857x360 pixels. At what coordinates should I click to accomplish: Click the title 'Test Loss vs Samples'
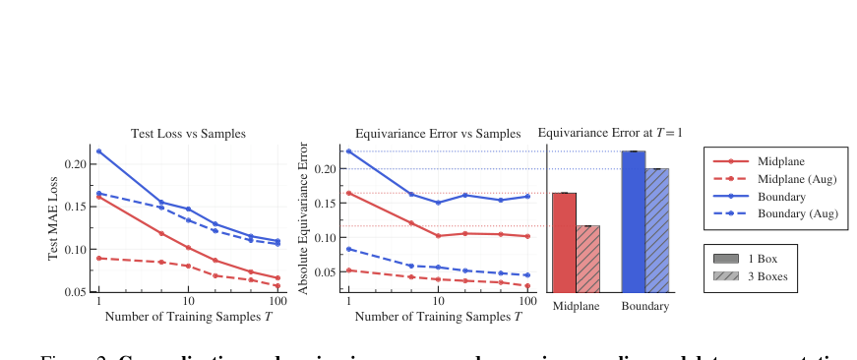[189, 133]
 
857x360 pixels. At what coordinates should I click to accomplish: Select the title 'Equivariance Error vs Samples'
[438, 133]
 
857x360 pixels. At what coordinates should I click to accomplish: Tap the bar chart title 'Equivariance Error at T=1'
[610, 132]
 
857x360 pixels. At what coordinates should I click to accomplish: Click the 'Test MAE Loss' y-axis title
[54, 218]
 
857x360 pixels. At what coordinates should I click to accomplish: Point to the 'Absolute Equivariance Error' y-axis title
[304, 218]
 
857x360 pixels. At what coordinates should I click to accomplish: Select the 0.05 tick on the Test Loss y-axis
[74, 292]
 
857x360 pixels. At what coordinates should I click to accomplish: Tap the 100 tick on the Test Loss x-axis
[278, 301]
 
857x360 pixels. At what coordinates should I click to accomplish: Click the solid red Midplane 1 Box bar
[564, 242]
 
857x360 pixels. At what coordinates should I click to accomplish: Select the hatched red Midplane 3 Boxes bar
[587, 259]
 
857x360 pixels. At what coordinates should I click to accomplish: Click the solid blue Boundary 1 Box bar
[634, 221]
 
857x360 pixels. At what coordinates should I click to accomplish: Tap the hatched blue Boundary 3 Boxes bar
[657, 230]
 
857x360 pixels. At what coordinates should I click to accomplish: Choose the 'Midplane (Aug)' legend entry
[798, 178]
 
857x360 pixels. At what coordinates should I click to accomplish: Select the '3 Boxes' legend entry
[768, 276]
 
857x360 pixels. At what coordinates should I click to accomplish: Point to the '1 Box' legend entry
[765, 258]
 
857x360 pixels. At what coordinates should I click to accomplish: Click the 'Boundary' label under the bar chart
[645, 307]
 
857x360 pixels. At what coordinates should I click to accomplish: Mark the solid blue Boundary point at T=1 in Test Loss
[98, 151]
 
